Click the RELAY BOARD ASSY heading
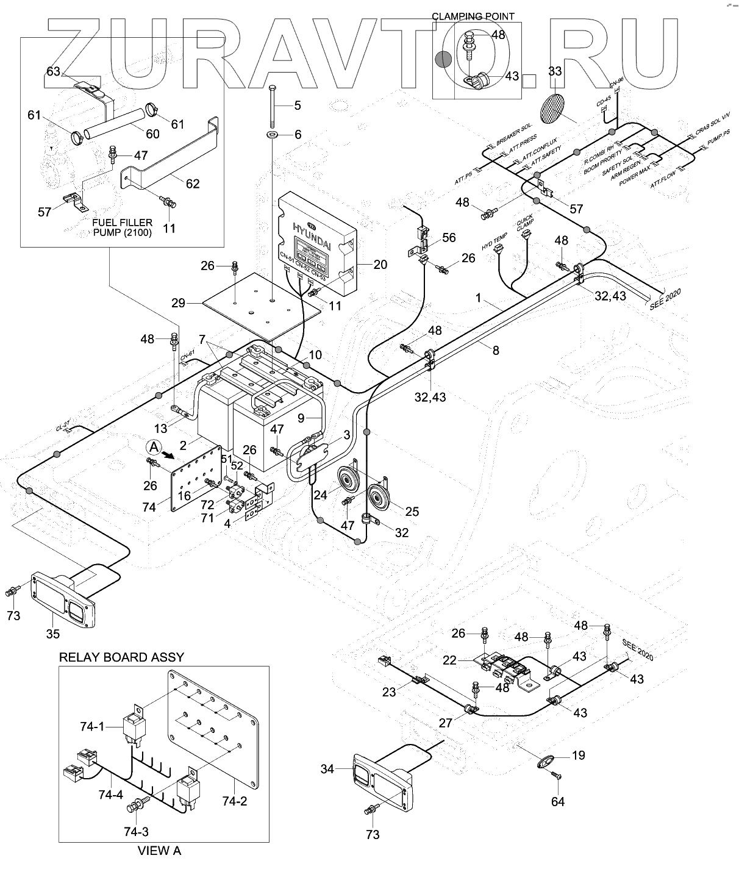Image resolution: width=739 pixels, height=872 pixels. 121,657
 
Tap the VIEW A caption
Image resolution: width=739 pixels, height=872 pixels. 160,851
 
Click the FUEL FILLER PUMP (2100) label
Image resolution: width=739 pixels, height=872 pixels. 123,227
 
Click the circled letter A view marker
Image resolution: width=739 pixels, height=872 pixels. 152,447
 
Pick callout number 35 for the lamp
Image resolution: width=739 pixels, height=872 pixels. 53,634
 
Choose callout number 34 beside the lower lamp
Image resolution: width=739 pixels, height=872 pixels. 327,770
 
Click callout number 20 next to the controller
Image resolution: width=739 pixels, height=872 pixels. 380,265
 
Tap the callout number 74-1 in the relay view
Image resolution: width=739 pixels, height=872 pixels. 92,726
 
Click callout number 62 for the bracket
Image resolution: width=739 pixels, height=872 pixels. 192,184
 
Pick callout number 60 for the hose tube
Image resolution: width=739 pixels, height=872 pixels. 152,134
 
